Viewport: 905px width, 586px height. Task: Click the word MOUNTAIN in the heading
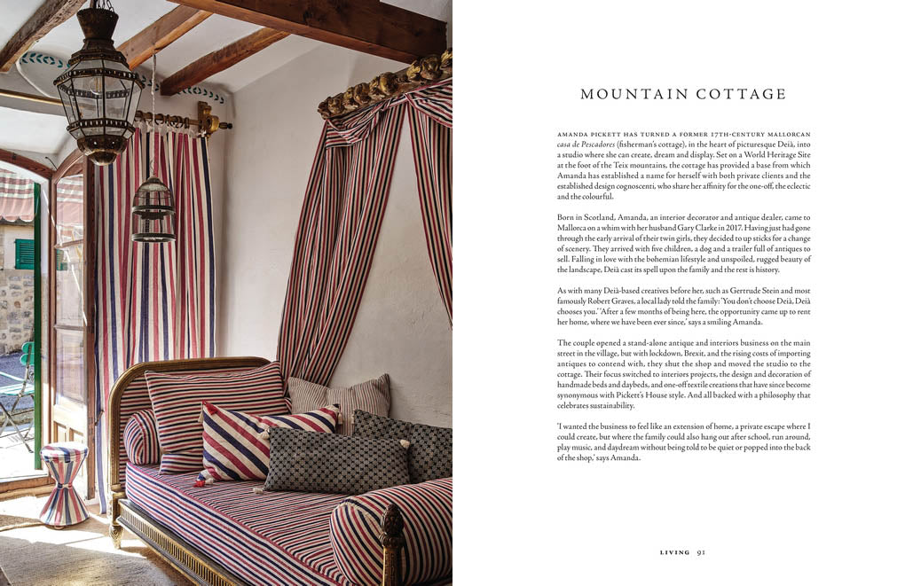pyautogui.click(x=626, y=94)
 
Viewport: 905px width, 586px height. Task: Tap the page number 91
pyautogui.click(x=700, y=552)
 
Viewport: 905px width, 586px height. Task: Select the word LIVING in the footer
pyautogui.click(x=674, y=552)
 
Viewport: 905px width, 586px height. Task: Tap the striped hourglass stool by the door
pyautogui.click(x=65, y=484)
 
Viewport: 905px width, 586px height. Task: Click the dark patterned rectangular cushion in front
pyautogui.click(x=336, y=460)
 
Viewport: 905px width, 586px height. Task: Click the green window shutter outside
pyautogui.click(x=24, y=254)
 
